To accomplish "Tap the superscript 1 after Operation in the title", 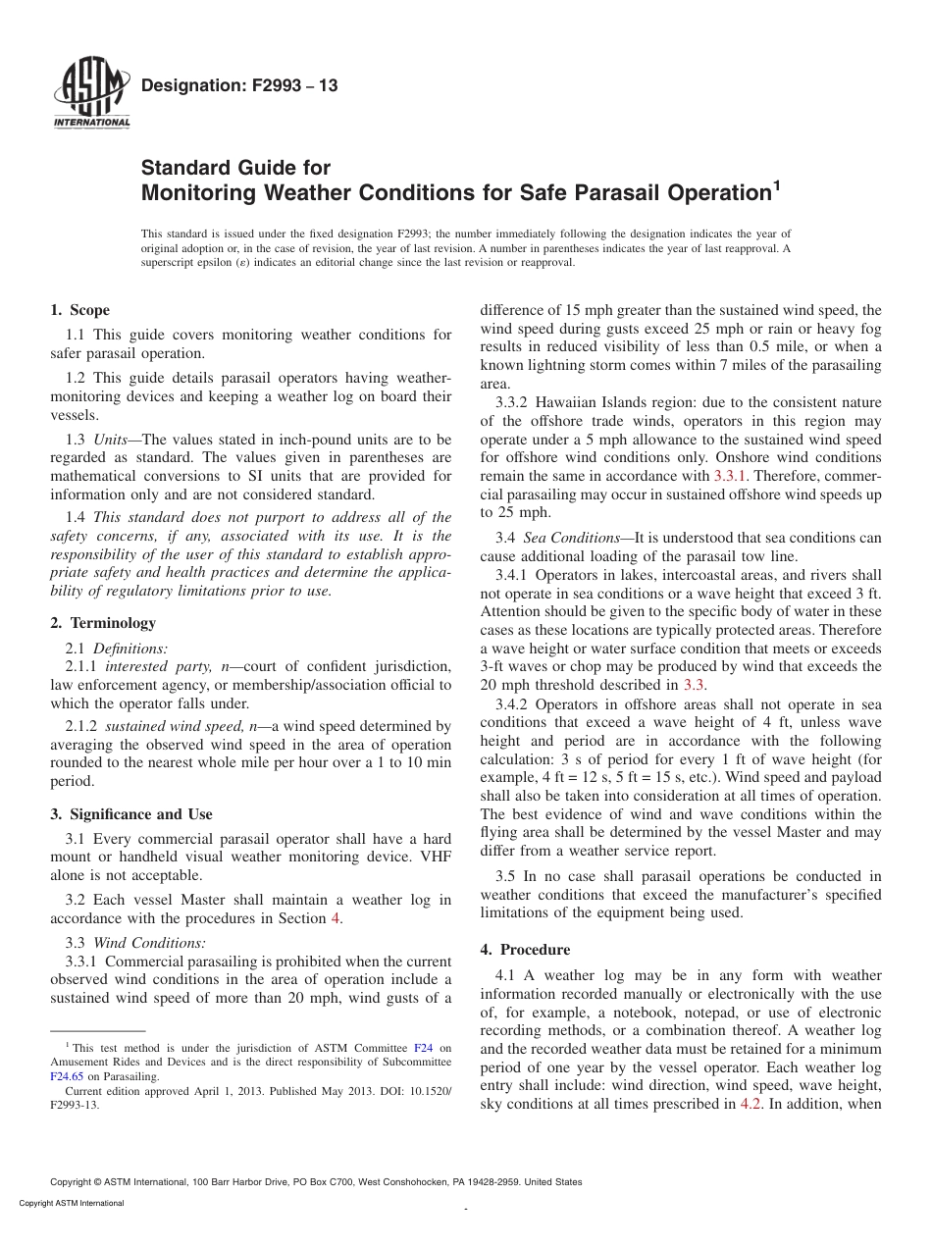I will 777,183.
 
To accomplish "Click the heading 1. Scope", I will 80,311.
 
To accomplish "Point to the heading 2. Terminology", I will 103,623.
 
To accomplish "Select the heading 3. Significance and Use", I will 131,814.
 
